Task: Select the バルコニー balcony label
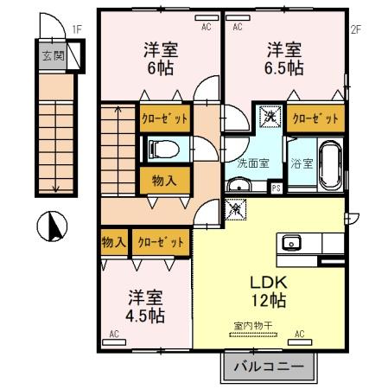(x=270, y=367)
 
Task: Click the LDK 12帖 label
(x=269, y=291)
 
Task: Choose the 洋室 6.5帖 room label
(x=283, y=57)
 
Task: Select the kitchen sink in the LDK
(x=289, y=241)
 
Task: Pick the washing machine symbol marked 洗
(x=270, y=115)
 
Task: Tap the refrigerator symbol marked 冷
(x=235, y=208)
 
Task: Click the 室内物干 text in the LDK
(x=251, y=325)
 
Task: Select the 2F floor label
(x=354, y=29)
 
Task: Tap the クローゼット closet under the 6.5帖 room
(x=316, y=118)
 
